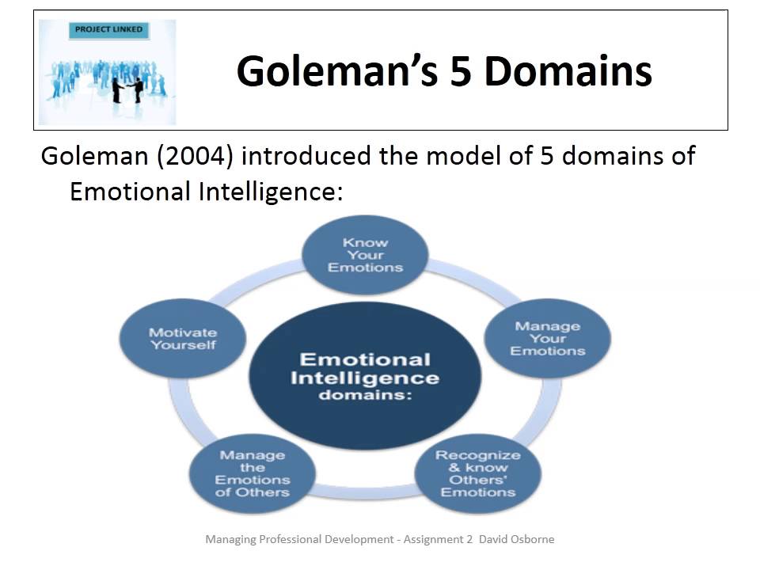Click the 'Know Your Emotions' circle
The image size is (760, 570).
[366, 256]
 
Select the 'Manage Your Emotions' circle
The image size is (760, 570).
[548, 338]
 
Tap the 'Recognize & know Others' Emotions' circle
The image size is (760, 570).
[478, 473]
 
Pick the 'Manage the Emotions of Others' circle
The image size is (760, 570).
[253, 473]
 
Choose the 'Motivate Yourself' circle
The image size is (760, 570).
[182, 339]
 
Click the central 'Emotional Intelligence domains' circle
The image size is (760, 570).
[365, 376]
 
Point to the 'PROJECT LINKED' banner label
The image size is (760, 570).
[108, 30]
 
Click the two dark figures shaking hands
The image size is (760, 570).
[127, 88]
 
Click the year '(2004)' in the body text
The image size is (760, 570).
[196, 155]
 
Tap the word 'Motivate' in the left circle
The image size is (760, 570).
[182, 332]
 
